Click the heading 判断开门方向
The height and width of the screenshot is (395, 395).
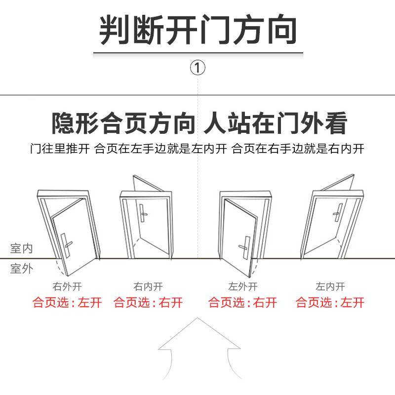[198, 30]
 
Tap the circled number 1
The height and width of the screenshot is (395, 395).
[197, 68]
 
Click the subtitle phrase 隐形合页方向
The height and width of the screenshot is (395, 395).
[123, 123]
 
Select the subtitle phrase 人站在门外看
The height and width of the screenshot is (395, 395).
[276, 123]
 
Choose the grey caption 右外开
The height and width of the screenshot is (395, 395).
[67, 286]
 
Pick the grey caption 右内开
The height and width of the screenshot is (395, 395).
[148, 286]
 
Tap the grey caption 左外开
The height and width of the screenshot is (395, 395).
[242, 286]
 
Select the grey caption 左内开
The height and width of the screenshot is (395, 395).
[330, 286]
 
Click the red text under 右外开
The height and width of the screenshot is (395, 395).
[67, 302]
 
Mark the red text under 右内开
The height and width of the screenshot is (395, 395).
[148, 302]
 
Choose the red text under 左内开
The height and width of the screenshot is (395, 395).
[330, 302]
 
